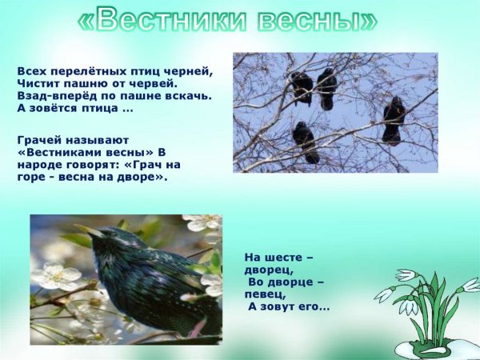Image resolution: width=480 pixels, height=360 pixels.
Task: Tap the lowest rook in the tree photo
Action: point(305,141)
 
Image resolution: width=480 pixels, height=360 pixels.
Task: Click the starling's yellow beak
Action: point(90,232)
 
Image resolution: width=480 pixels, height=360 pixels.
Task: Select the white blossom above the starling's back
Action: point(200,222)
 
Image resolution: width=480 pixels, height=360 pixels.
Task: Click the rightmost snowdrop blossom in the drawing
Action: point(470,285)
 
